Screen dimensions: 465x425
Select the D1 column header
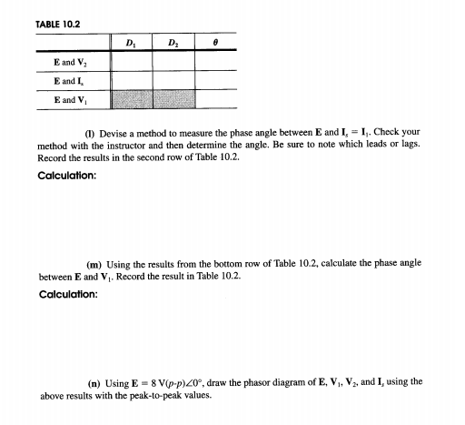[x=129, y=44]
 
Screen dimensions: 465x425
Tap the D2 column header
[x=173, y=44]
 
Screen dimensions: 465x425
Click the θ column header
[x=216, y=44]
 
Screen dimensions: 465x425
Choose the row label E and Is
[x=70, y=79]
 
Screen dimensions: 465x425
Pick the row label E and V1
[x=70, y=96]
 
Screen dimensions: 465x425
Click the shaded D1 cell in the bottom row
[x=129, y=96]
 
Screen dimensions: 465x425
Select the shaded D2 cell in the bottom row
[x=173, y=96]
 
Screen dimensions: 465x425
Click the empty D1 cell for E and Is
[x=129, y=79]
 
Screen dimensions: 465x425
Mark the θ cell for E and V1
[x=216, y=96]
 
